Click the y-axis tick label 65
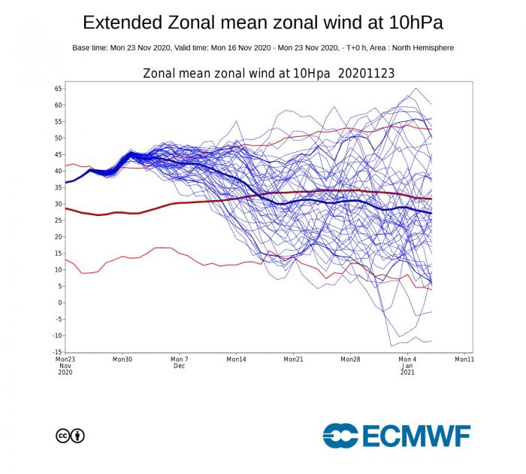coord(58,89)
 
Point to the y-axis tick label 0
coord(59,302)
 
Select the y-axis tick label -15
coord(56,352)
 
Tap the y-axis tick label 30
coord(58,204)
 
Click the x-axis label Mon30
coord(122,360)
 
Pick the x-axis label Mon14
coord(236,360)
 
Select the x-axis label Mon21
coord(293,360)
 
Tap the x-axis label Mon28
coord(350,360)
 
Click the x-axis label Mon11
coord(464,360)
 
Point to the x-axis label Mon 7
coord(180,360)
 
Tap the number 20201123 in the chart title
coord(367,73)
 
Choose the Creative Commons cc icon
coord(62,435)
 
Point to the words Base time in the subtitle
coord(92,47)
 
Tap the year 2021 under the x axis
coord(407,372)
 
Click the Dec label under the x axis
coord(180,366)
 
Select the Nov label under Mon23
coord(65,366)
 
